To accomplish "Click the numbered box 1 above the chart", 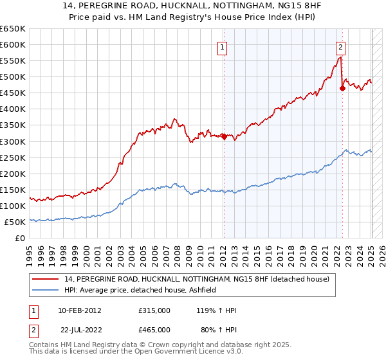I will point(222,46).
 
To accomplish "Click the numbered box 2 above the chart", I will point(340,46).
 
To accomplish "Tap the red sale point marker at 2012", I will point(224,136).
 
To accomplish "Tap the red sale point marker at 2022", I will point(342,88).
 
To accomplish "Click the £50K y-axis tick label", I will point(15,222).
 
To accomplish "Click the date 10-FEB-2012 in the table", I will point(79,310).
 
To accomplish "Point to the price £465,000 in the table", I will point(154,330).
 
